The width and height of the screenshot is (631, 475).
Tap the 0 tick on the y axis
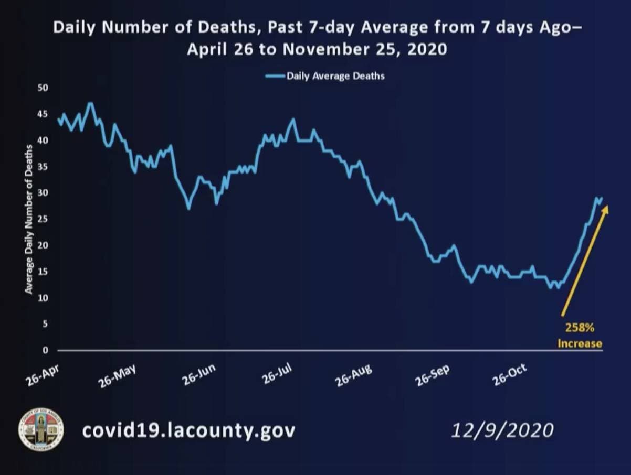click(x=45, y=350)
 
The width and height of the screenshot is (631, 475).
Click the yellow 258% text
click(x=580, y=328)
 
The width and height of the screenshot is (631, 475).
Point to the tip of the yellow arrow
click(x=607, y=206)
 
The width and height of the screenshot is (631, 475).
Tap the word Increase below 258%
click(x=580, y=344)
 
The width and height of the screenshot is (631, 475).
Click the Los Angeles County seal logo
click(x=41, y=429)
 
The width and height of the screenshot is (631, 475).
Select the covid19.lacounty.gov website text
click(x=188, y=430)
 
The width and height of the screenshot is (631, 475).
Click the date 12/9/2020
click(x=502, y=430)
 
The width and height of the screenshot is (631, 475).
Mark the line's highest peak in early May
click(x=90, y=103)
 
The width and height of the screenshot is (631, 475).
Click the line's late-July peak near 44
click(x=293, y=119)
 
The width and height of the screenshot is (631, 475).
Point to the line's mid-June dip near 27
click(x=188, y=209)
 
